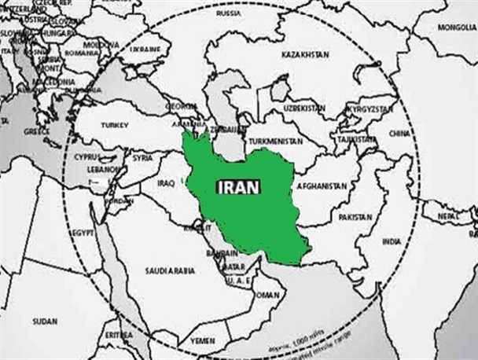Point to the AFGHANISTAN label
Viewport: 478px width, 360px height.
(321, 186)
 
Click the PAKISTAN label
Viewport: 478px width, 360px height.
(355, 216)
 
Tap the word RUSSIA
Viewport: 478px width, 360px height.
(228, 13)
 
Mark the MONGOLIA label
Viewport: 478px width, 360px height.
(457, 27)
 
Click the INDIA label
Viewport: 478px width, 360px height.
(391, 241)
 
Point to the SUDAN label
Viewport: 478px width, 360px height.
(45, 321)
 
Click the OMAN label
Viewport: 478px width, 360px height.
(268, 295)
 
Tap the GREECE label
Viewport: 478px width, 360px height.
(36, 131)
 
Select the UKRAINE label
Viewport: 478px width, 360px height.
(145, 48)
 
